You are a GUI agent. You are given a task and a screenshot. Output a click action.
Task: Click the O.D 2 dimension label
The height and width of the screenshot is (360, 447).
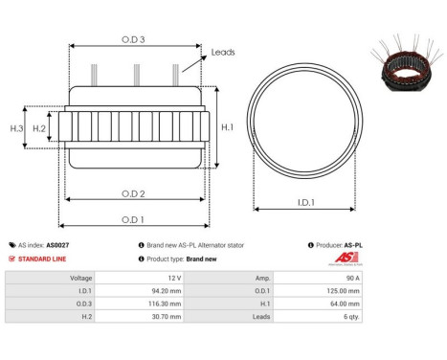coord(134,194)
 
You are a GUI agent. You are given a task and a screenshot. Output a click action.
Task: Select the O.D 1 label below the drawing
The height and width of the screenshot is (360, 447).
coord(134,219)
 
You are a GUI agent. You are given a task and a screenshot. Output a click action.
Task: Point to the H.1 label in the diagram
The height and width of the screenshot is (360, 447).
coord(227,126)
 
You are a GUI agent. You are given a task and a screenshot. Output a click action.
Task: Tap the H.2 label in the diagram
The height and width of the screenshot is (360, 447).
coord(39,127)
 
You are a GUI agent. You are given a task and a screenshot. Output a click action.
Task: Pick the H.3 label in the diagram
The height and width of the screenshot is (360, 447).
coord(16,127)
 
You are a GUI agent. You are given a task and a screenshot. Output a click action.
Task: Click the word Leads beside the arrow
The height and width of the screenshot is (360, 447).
coord(223,54)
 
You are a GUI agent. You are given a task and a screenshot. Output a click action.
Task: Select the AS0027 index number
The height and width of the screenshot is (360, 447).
coord(57,245)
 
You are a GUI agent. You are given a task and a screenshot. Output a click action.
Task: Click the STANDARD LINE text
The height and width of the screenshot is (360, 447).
coord(45,259)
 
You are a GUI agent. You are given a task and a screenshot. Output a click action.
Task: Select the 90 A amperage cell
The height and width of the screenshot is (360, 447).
coord(352,277)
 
